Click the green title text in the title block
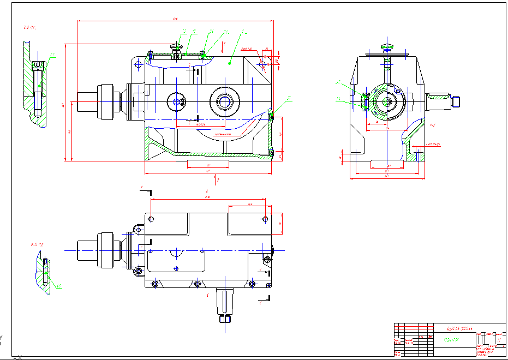[x=451, y=339]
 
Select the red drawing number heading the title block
[x=458, y=329]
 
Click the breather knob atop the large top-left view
[x=176, y=48]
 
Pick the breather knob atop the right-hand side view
[x=387, y=46]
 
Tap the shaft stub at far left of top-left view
[x=87, y=100]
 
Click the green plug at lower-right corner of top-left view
[x=271, y=116]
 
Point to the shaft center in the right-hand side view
[x=387, y=101]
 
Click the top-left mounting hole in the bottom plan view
[x=152, y=219]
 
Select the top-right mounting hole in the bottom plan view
[x=265, y=219]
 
